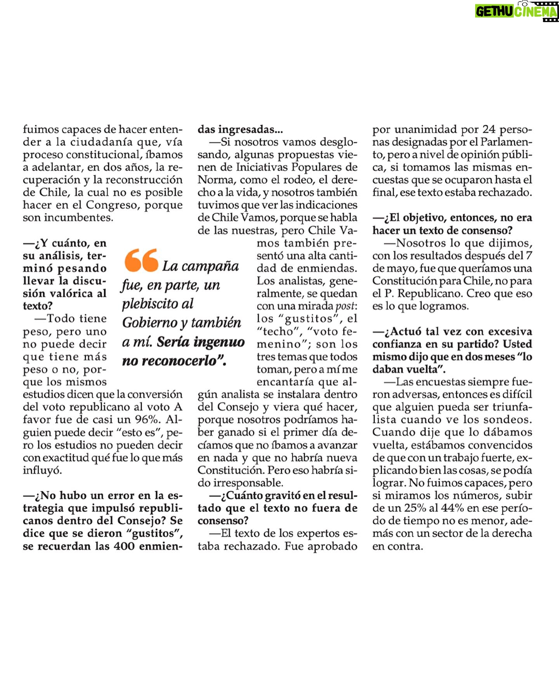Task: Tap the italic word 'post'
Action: (x=345, y=306)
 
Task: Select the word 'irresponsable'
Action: (x=248, y=483)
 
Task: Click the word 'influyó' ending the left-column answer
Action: (x=42, y=470)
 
